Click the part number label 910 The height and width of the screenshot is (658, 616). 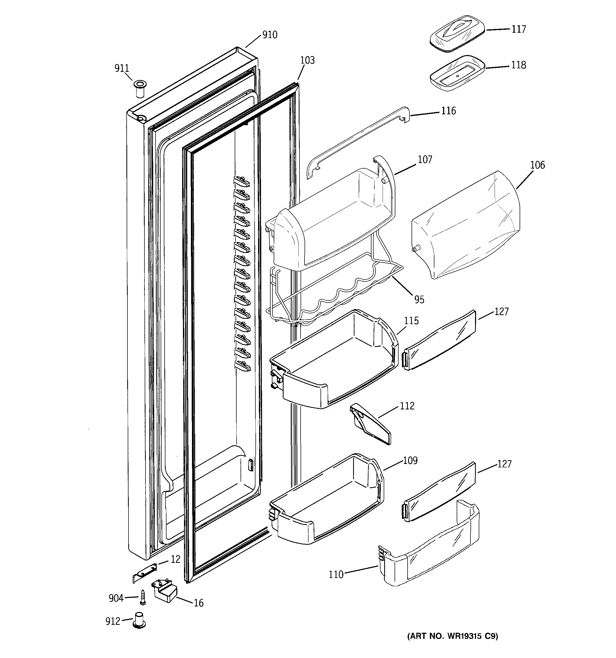point(270,35)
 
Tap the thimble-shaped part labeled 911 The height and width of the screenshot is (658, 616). point(140,88)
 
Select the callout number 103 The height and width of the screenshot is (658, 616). point(307,60)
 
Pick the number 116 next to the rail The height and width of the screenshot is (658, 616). point(448,111)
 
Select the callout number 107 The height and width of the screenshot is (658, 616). point(425,160)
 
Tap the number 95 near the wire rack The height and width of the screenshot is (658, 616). point(419,300)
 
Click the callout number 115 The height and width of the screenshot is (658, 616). point(411,321)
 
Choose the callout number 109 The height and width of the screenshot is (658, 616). point(410,461)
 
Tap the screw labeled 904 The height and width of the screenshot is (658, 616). point(143,597)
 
